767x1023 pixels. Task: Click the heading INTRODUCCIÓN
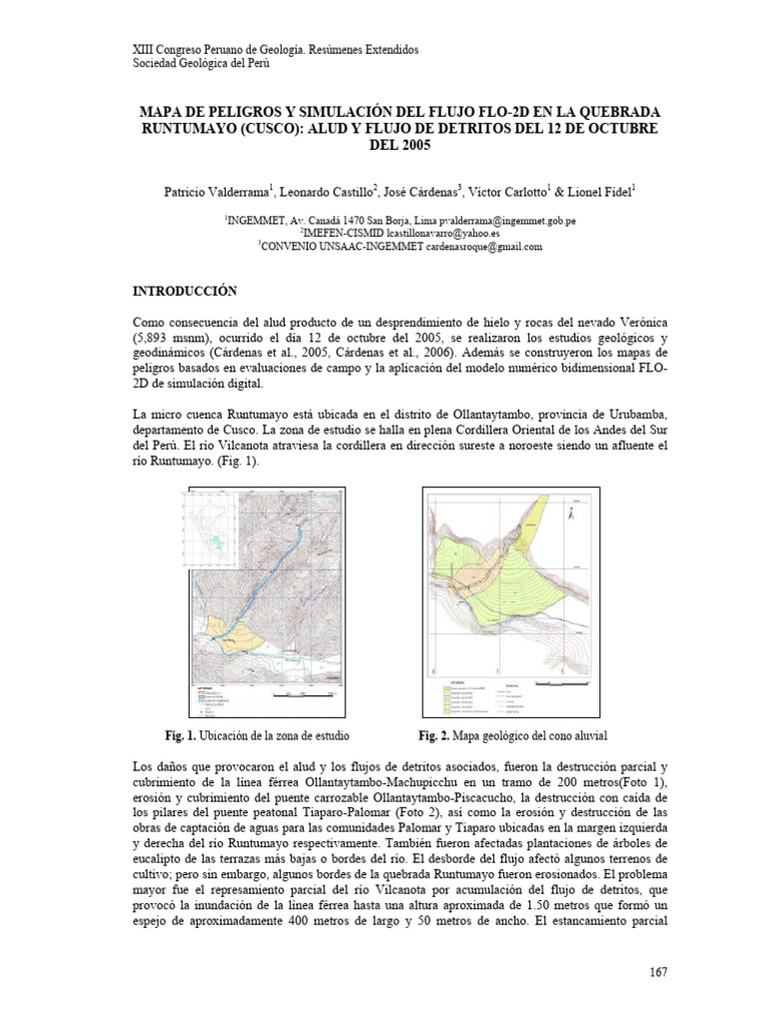(185, 291)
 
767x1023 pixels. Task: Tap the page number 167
(657, 972)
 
